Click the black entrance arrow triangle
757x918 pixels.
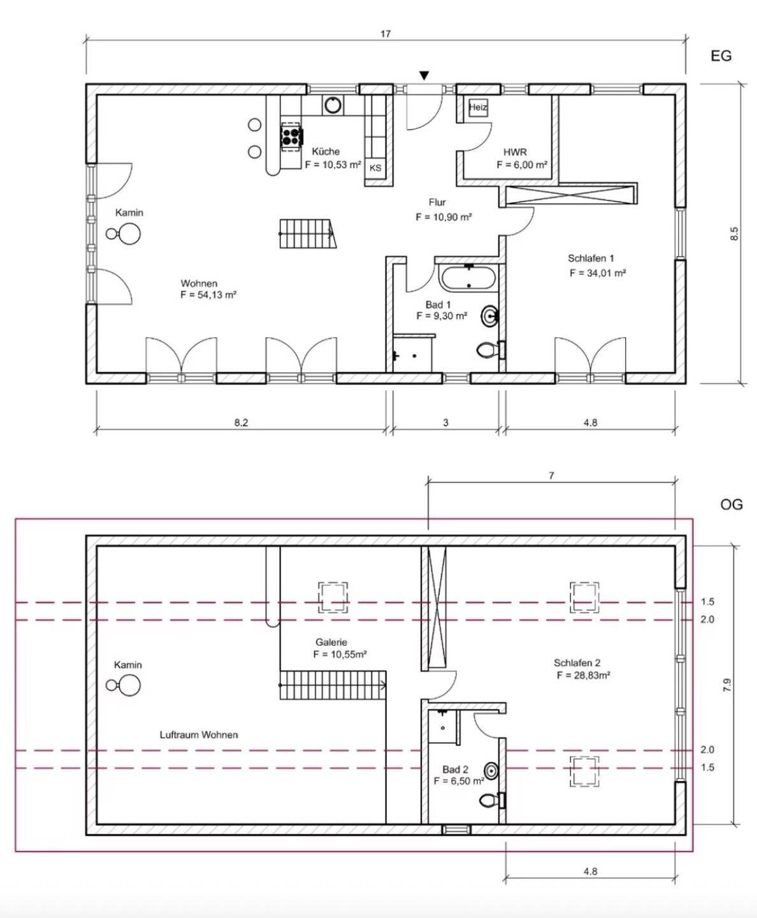(424, 76)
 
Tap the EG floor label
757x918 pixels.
(721, 56)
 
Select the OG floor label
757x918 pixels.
(732, 504)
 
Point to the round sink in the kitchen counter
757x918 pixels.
(333, 105)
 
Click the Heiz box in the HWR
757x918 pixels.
(478, 107)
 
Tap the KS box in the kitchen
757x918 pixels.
(375, 168)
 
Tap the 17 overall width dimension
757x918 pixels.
(386, 34)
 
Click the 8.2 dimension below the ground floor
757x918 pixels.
(241, 423)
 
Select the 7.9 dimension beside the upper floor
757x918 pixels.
(726, 686)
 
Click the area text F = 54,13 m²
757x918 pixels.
(209, 295)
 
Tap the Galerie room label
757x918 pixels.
(331, 643)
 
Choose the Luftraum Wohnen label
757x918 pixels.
(199, 734)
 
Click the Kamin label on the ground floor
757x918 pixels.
(129, 213)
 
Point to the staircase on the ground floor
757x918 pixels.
(307, 233)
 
